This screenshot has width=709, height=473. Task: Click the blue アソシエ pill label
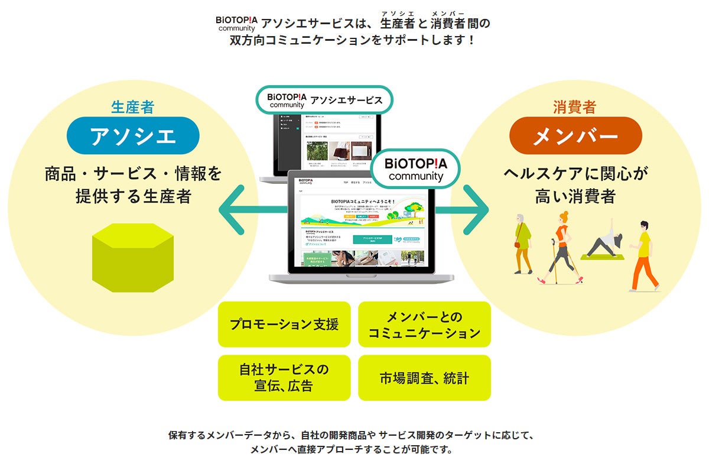tap(133, 135)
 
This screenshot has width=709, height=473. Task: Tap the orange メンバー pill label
tap(575, 135)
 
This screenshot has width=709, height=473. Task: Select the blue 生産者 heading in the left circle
tap(133, 107)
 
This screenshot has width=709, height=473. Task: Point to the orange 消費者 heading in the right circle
tap(575, 107)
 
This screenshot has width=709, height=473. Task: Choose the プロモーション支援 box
tap(284, 324)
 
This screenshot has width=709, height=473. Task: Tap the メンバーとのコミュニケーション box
tap(424, 324)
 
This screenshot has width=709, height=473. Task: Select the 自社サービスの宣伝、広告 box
tap(284, 377)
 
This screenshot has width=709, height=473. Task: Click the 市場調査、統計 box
tap(424, 377)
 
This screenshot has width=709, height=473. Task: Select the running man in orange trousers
tap(642, 254)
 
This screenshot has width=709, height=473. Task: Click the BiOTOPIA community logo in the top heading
tap(236, 23)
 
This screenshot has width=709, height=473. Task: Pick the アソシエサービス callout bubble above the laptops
tap(325, 100)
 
